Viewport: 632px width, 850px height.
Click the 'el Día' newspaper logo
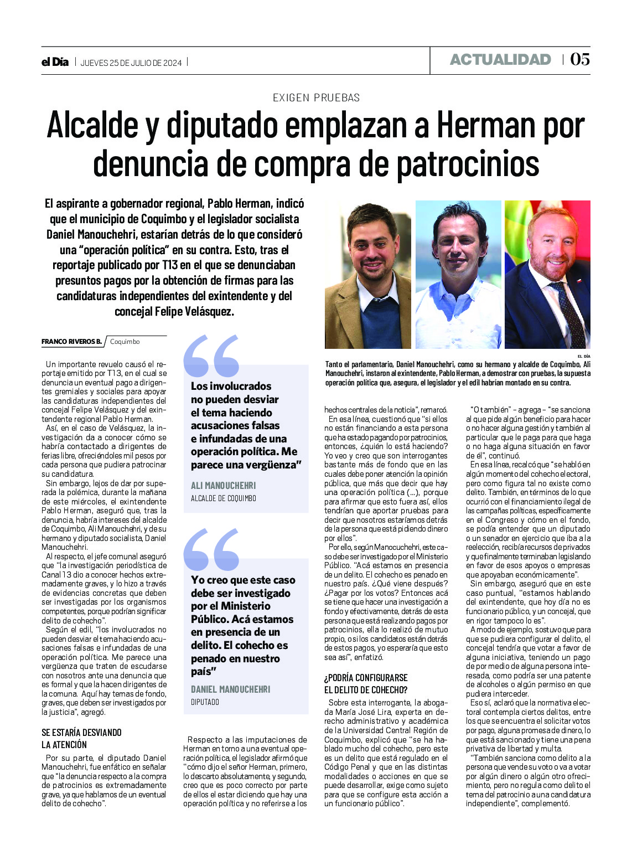(55, 62)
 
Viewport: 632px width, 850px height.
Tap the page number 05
(579, 59)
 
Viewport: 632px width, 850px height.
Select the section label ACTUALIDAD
(500, 60)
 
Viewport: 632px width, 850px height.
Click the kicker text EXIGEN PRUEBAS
(316, 97)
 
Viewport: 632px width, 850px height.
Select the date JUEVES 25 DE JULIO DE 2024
(131, 63)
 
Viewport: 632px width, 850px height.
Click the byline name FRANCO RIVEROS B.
(71, 342)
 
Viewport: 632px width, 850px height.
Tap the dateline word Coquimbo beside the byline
(125, 342)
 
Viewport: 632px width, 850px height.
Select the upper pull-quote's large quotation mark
(211, 356)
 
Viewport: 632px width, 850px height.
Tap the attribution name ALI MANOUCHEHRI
(223, 486)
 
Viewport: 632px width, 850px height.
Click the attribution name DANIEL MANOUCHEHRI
(230, 689)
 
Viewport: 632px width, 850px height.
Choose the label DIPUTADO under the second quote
(205, 702)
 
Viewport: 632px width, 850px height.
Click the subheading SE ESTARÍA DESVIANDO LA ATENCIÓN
(81, 738)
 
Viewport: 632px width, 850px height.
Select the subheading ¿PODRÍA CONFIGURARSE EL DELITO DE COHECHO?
(366, 683)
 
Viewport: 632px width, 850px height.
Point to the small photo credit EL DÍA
(583, 356)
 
